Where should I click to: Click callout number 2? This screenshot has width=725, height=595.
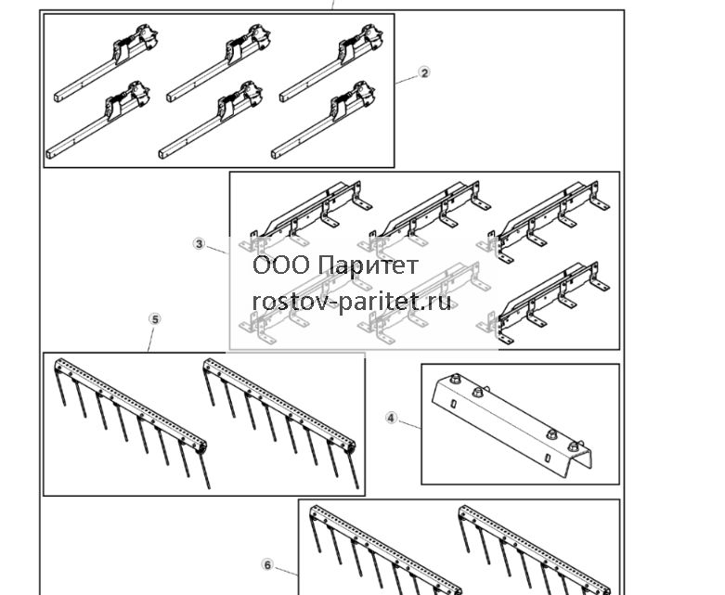424,72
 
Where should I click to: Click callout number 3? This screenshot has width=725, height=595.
199,243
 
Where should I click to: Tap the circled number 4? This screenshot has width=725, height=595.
391,418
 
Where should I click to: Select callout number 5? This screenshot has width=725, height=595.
155,319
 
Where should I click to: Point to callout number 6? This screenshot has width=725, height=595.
267,564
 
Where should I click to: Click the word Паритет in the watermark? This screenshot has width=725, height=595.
369,265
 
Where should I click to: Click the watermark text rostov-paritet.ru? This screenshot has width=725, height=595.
352,302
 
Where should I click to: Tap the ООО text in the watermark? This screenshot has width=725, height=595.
281,265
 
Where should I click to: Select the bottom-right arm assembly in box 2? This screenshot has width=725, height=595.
324,120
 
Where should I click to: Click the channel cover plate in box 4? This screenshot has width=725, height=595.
511,423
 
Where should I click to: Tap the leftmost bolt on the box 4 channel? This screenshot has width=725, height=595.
454,378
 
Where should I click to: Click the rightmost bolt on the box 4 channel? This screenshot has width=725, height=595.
574,446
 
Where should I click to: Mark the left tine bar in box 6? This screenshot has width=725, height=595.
386,550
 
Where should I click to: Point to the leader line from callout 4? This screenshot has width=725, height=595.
409,424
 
